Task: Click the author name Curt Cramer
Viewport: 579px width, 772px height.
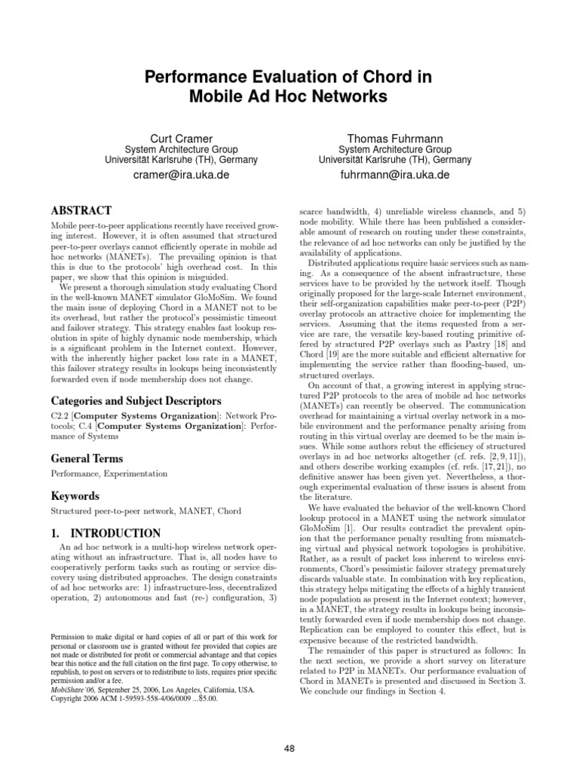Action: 181,139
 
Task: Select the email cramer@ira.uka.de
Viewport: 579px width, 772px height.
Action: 181,175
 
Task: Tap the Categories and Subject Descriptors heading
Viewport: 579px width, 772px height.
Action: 136,401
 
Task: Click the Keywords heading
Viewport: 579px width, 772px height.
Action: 75,496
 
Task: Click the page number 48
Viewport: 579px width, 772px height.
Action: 289,747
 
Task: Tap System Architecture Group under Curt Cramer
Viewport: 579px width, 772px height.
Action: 181,150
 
